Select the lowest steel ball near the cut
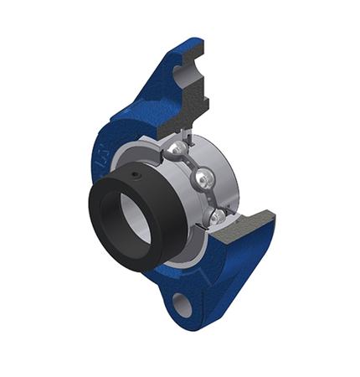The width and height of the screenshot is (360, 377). point(217,217)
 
